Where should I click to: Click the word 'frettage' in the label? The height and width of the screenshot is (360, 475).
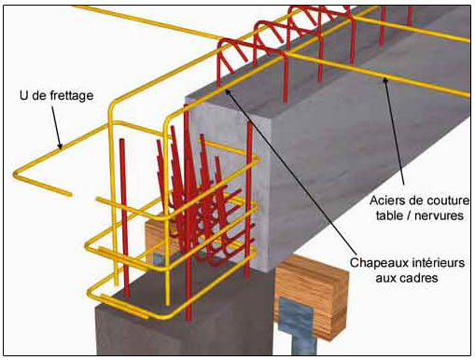71,95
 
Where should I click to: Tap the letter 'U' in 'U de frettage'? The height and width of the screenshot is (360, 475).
23,95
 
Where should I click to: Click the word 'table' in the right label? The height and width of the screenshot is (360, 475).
388,215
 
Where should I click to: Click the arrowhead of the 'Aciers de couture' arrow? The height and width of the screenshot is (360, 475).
385,80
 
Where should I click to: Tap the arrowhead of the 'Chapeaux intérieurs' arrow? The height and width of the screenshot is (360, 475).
228,91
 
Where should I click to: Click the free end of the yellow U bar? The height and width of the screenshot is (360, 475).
69,195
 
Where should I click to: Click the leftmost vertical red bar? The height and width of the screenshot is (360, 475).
124,218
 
